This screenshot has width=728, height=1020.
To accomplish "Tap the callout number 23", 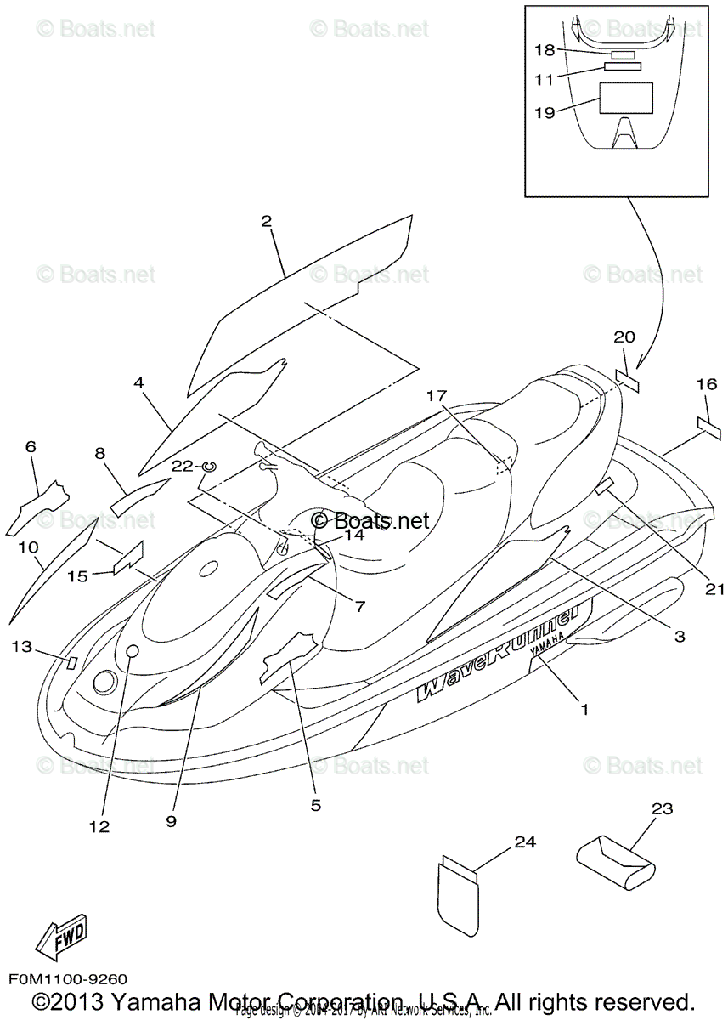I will pos(662,809).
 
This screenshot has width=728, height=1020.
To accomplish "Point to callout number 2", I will pos(267,222).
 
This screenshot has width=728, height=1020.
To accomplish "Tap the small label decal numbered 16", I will pos(708,428).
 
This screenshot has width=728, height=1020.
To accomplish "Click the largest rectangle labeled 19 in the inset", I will pos(626,98).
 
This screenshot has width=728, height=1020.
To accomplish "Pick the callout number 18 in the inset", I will pos(544,50).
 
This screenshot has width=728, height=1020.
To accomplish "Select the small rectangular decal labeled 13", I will pos(72,660).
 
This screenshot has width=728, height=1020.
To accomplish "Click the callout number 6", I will pos(31,446).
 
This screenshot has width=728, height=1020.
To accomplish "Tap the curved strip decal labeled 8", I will pos(138,494).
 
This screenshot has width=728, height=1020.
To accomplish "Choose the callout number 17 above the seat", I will pos(436,395).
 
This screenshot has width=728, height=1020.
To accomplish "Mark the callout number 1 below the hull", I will pos(583,707).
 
